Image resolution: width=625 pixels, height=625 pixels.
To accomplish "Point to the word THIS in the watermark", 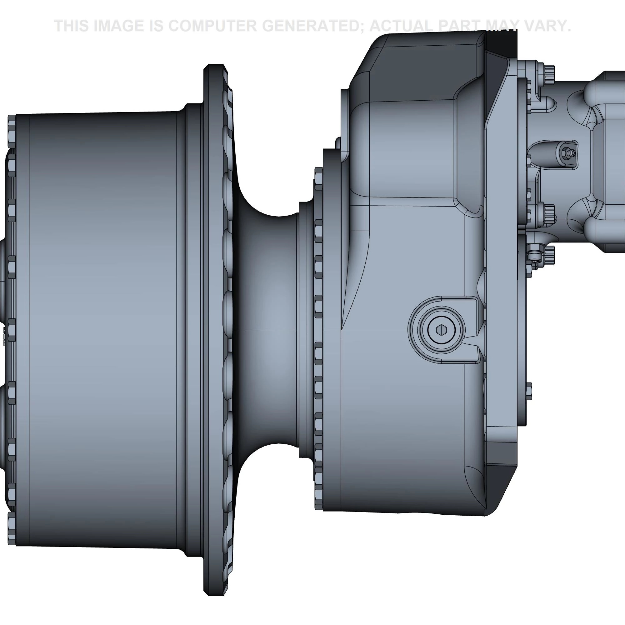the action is click(x=72, y=26).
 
